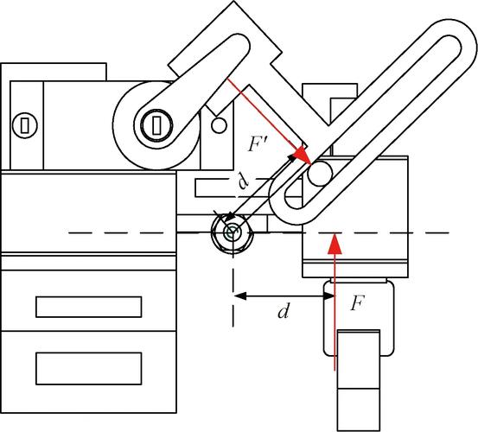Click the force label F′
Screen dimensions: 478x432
click(258, 143)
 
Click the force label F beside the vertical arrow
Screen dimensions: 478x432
click(358, 303)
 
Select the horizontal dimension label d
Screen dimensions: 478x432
click(284, 310)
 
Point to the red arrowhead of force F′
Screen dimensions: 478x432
click(303, 155)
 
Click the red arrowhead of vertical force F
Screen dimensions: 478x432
click(335, 243)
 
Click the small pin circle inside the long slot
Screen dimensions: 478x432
click(320, 174)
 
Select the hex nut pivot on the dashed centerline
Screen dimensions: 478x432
click(233, 233)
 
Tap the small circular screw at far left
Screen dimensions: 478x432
click(25, 125)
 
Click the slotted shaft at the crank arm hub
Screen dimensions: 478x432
click(156, 125)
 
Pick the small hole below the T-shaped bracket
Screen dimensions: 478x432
click(219, 125)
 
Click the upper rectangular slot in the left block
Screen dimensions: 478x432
click(89, 307)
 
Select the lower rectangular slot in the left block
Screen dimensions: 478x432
click(89, 369)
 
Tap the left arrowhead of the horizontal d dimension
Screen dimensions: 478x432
click(240, 295)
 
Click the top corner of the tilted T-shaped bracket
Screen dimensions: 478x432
click(234, 2)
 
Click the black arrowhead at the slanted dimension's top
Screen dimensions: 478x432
click(292, 158)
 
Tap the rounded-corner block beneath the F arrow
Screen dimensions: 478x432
click(359, 318)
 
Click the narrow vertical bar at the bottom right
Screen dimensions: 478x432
click(359, 381)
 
